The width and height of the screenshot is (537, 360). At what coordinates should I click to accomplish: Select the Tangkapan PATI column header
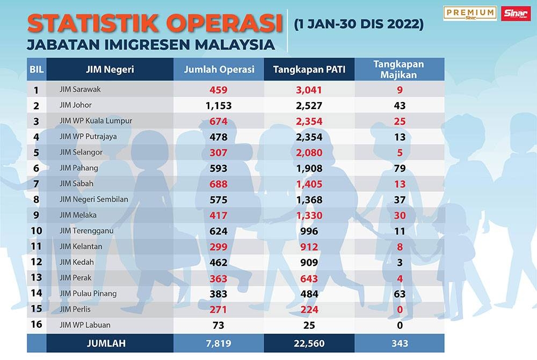[308, 69]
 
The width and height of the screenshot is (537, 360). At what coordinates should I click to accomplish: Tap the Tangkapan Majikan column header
[398, 69]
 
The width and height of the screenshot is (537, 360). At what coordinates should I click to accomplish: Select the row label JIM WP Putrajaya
[88, 136]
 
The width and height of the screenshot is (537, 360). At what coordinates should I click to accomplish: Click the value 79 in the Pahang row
[398, 168]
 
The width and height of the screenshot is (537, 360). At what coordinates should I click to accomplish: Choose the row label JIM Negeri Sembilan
[94, 199]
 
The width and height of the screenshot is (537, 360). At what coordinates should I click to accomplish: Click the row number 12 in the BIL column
[37, 262]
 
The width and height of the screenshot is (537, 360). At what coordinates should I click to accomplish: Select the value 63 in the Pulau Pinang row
[398, 293]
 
